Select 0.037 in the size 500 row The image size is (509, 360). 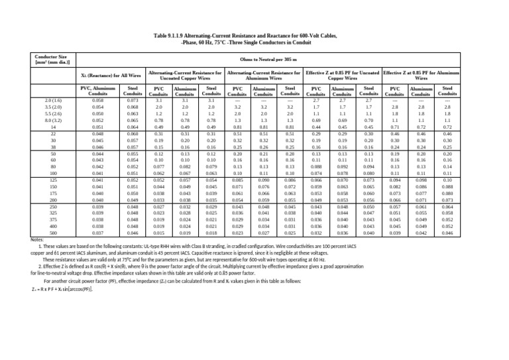(98, 233)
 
